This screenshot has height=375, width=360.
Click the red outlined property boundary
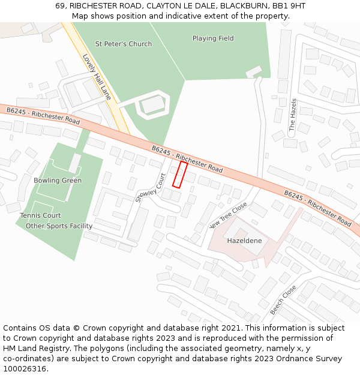[180, 174]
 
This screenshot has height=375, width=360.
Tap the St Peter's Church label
[124, 44]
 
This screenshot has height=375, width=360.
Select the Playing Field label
[213, 38]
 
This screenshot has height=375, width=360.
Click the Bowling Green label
[58, 181]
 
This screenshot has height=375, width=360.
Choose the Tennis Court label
[40, 215]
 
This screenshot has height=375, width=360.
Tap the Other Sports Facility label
[59, 226]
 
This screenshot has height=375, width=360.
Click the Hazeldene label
[244, 241]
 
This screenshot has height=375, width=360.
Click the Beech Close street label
[283, 299]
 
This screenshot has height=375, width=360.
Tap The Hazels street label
[293, 115]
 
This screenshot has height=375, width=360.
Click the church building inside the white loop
[151, 106]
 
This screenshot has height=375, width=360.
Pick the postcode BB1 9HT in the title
[289, 5]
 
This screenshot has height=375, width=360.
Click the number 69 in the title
[60, 5]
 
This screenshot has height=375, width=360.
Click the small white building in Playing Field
[253, 72]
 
